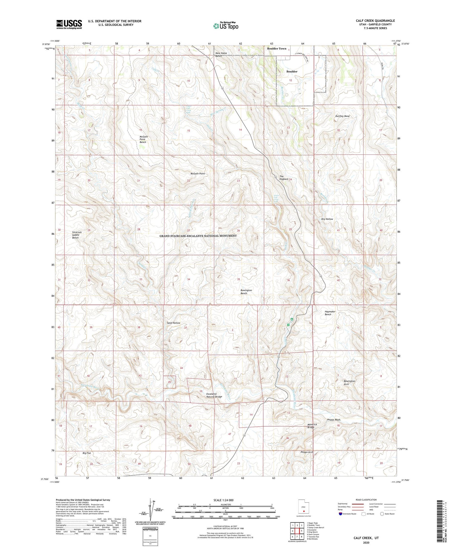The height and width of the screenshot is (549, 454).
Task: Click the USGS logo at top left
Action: tap(69, 24)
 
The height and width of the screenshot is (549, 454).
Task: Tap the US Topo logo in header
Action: tap(225, 26)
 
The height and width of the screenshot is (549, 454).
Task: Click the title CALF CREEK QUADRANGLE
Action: tap(375, 21)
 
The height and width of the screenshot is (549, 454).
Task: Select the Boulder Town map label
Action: tap(276, 48)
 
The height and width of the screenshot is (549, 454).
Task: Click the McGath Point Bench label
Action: tap(143, 139)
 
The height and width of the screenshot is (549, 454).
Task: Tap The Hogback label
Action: tap(284, 178)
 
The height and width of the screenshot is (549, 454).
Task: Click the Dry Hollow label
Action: tap(327, 219)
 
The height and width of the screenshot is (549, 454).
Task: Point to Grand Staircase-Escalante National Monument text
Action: tap(198, 236)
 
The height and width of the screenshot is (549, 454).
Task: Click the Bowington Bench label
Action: tap(246, 292)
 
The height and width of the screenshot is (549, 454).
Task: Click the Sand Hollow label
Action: tap(173, 323)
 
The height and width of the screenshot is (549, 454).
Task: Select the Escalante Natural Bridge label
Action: tap(214, 395)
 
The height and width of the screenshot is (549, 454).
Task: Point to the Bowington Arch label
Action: tap(349, 382)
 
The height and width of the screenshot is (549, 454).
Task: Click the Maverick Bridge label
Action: tap(312, 425)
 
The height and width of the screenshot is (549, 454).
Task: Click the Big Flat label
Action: tap(87, 453)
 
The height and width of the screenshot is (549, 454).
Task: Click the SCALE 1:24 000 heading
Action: tap(223, 500)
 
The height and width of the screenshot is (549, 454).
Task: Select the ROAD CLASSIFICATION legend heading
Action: tap(366, 500)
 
